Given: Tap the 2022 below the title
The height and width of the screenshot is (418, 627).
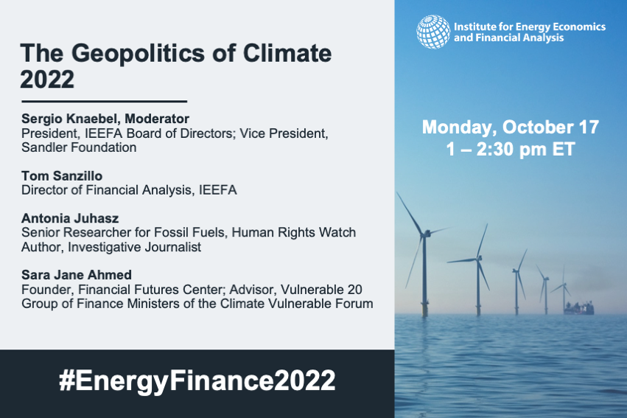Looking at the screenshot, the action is click(x=47, y=79).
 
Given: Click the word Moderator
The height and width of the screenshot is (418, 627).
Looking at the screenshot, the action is click(x=157, y=119).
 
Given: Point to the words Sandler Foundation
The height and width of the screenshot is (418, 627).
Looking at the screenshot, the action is click(x=79, y=147).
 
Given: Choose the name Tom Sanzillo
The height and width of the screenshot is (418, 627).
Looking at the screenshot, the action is click(x=62, y=175).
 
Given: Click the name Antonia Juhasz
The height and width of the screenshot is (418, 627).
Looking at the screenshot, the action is click(x=70, y=218).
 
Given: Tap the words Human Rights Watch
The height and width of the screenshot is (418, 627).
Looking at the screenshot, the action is click(x=293, y=232).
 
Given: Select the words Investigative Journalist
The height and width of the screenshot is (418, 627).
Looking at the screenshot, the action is click(x=134, y=247).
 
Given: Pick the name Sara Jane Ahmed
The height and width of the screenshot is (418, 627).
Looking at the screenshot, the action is click(x=77, y=275).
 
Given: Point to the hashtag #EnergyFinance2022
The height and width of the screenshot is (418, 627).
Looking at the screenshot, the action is click(x=197, y=380).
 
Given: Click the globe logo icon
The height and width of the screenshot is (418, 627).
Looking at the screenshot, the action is click(x=433, y=32).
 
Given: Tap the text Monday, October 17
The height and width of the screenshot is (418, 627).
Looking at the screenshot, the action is click(x=511, y=128).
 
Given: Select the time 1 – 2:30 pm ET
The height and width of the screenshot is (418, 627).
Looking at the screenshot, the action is click(x=511, y=149).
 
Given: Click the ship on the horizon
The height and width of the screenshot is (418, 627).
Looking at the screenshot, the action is click(x=578, y=308).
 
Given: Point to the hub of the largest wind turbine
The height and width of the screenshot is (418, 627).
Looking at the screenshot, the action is click(x=425, y=233).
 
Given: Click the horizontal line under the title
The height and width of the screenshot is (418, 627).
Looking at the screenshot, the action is click(x=105, y=102).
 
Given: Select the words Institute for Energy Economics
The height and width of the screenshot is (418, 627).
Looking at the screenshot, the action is click(x=530, y=27).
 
